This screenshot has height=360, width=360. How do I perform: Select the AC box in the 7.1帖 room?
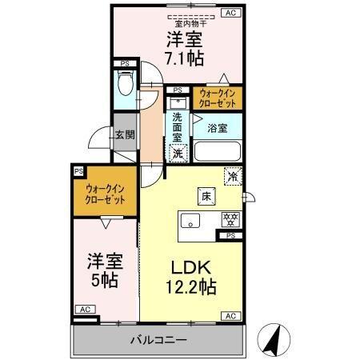[x=230, y=13]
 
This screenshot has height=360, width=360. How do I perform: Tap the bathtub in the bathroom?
[x=218, y=150]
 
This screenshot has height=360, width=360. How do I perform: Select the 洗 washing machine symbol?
[x=178, y=151]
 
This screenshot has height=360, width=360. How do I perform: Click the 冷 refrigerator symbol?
[x=232, y=177]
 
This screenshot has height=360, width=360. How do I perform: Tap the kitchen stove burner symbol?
[x=228, y=218]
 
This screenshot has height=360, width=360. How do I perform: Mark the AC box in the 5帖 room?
[x=83, y=308]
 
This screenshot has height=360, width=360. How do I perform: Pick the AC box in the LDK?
[x=230, y=317]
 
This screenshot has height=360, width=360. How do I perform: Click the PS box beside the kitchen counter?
[x=230, y=235]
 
